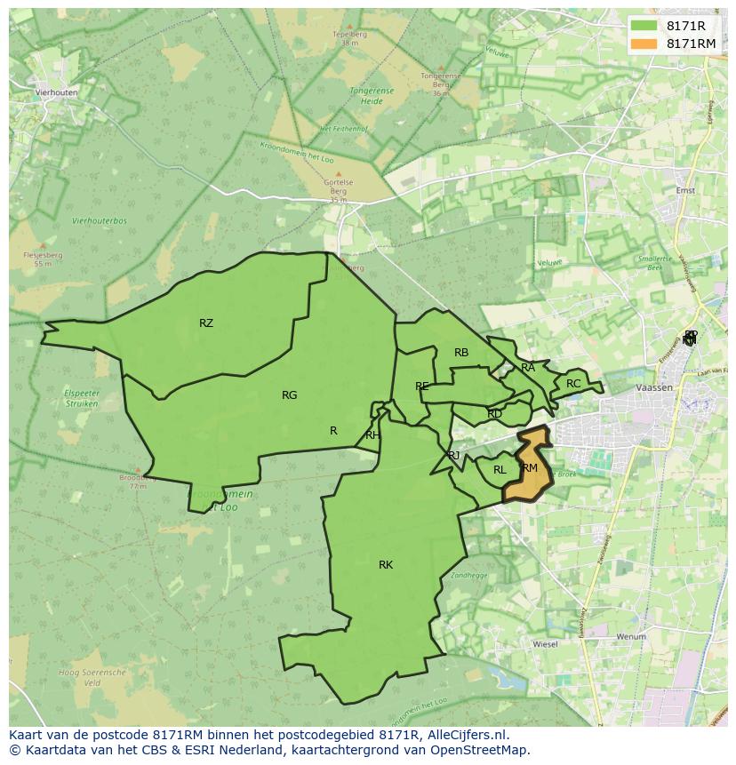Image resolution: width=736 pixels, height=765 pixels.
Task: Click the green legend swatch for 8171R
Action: pyautogui.click(x=644, y=26)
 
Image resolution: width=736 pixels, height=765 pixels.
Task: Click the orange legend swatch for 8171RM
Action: pyautogui.click(x=644, y=44)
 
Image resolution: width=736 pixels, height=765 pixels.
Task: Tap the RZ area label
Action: pyautogui.click(x=206, y=323)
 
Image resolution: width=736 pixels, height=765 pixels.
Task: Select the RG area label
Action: pyautogui.click(x=289, y=395)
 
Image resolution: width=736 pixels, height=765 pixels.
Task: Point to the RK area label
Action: pyautogui.click(x=386, y=565)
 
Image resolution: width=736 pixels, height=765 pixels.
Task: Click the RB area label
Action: pyautogui.click(x=461, y=354)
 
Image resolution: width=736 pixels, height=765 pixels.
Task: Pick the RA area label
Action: pyautogui.click(x=528, y=368)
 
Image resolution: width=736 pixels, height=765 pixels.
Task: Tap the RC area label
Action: pyautogui.click(x=573, y=384)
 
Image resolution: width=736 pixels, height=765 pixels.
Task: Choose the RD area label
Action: pyautogui.click(x=495, y=414)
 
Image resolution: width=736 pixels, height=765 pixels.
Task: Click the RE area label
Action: pyautogui.click(x=422, y=386)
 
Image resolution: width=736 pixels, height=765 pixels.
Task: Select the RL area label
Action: pyautogui.click(x=500, y=470)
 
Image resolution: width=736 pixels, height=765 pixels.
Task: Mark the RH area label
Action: pyautogui.click(x=372, y=435)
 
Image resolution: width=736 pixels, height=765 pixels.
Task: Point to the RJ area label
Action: pyautogui.click(x=454, y=456)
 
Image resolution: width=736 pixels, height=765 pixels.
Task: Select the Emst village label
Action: pyautogui.click(x=685, y=190)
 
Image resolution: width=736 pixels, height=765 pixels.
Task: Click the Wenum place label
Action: pyautogui.click(x=630, y=637)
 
